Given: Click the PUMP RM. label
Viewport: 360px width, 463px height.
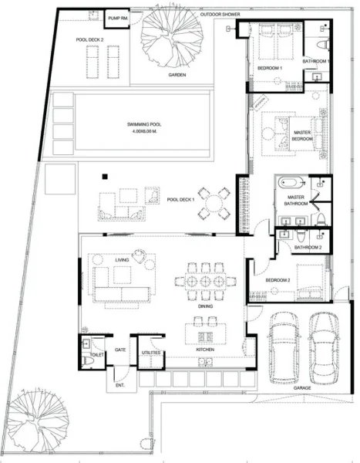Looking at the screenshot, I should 118,17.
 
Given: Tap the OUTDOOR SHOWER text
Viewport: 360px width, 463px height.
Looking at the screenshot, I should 220,15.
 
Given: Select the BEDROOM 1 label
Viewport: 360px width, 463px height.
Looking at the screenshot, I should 270,69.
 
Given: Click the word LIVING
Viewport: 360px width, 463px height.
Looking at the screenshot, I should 122,261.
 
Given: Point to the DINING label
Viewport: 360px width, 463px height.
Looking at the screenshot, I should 206,306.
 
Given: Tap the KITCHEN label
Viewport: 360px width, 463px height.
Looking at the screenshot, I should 204,350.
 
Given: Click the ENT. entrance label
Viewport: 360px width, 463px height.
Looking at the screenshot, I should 119,384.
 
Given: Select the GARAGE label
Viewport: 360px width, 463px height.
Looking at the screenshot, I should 302,388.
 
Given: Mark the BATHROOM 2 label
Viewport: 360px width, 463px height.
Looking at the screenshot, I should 308,247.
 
